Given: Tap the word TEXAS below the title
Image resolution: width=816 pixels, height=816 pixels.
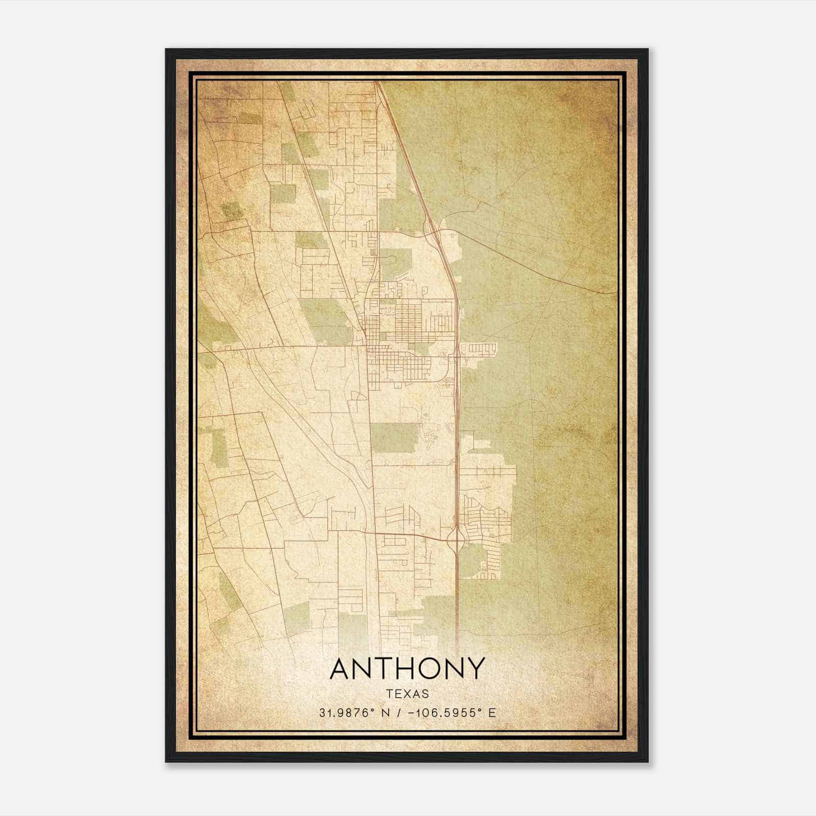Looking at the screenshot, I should point(407,694).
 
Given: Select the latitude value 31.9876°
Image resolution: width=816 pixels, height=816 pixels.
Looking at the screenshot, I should point(347,713).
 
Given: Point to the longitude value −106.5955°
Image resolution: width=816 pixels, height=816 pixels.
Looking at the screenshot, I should point(442,713).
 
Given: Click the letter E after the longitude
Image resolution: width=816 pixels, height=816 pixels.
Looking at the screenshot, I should point(492,713).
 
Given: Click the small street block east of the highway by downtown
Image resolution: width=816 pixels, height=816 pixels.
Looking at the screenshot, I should point(482,349).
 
